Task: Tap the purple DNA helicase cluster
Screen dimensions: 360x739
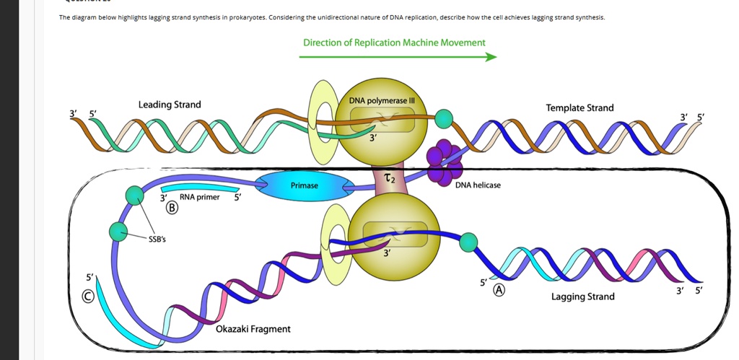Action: pos(442,163)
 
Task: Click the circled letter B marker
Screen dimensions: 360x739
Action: pos(172,208)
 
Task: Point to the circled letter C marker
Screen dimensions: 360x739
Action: pos(87,295)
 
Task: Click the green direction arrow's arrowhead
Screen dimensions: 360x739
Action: pos(491,58)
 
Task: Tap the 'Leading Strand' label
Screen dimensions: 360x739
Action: pos(170,105)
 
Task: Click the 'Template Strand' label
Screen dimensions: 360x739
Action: pos(580,108)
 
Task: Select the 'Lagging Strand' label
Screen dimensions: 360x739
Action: pos(582,297)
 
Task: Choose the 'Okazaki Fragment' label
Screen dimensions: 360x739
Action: pos(253,329)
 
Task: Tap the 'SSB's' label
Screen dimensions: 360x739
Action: pos(157,240)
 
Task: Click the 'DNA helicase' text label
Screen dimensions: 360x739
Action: pos(478,185)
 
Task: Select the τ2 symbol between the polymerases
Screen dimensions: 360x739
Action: pos(389,178)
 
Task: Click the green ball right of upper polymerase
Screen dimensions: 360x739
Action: pos(442,118)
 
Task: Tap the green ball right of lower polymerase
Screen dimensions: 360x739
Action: pos(469,242)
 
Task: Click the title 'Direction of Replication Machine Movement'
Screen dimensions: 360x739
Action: pos(394,43)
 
